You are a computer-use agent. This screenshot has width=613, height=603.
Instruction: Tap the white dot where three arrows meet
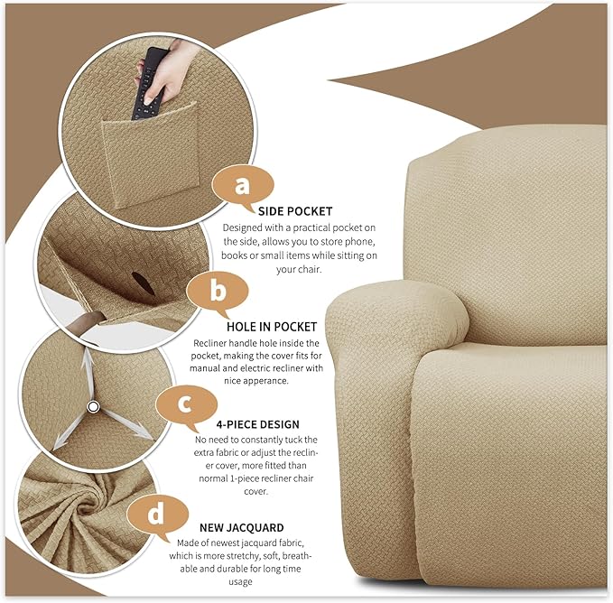point(92,408)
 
